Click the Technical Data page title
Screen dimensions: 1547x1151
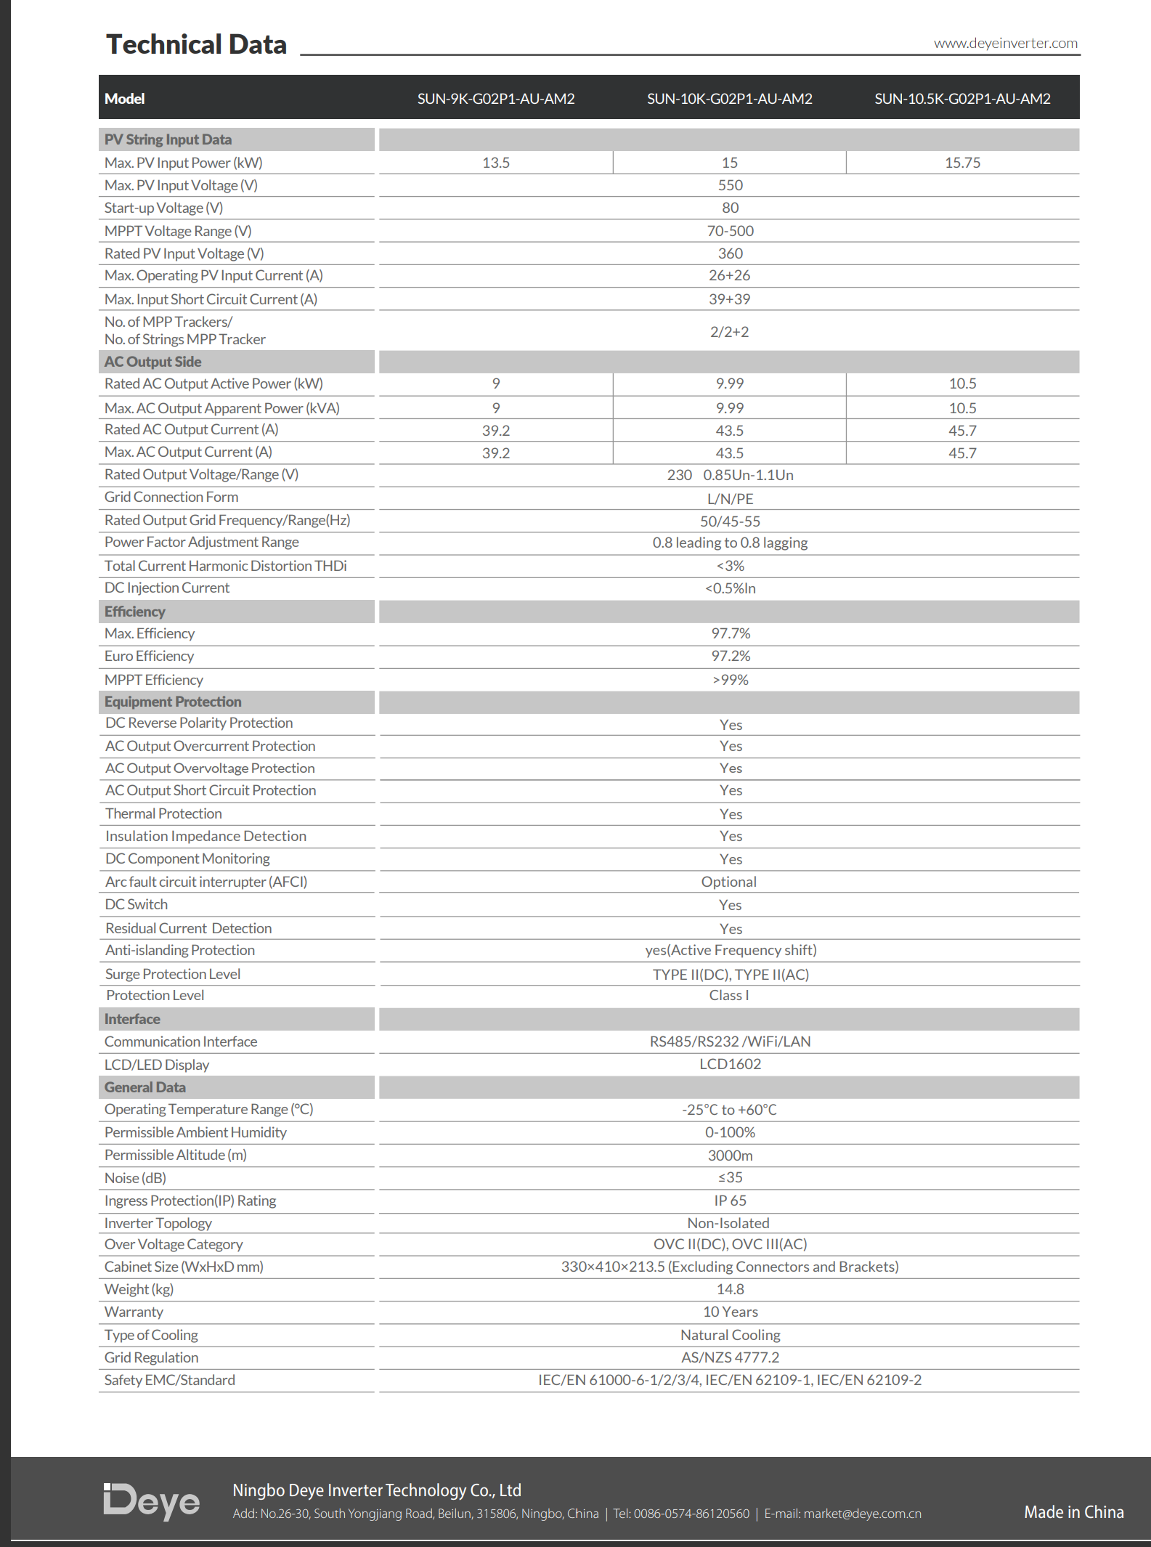coord(196,44)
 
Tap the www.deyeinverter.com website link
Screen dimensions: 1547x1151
coord(1005,44)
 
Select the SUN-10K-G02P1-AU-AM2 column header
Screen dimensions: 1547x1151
coord(729,99)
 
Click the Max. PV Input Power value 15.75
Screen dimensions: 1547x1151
coord(962,163)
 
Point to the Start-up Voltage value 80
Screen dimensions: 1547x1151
coord(730,208)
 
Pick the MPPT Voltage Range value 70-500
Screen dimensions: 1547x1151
coord(730,231)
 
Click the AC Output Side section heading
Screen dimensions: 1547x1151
coord(152,362)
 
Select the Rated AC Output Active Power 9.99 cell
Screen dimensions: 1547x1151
coord(730,383)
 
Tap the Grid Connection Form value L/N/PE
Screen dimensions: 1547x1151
coord(730,499)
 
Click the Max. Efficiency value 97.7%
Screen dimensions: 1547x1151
coord(731,633)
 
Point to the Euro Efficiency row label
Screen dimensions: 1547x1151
coord(149,656)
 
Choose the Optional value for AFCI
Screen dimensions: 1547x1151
coord(729,882)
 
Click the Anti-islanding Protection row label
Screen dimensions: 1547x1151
coord(180,950)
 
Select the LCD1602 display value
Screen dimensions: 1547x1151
coord(730,1064)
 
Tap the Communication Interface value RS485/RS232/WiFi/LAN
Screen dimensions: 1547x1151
coord(730,1042)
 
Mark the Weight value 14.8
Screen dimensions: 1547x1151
coord(730,1289)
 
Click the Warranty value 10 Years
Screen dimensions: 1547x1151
coord(730,1312)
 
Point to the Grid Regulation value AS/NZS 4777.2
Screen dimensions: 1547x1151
coord(730,1357)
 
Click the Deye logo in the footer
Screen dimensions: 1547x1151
coord(151,1501)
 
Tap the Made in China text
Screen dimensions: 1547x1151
coord(1073,1512)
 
